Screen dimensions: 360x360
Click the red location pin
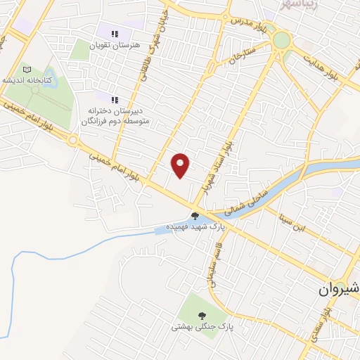[181, 165]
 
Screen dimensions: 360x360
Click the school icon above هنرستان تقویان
[115, 33]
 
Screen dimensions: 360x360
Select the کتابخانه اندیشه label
[28, 80]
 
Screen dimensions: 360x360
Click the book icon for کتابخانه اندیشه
[27, 70]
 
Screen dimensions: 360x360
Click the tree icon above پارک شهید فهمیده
[195, 215]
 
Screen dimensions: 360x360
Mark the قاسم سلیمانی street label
[210, 269]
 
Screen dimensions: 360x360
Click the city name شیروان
[338, 288]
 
